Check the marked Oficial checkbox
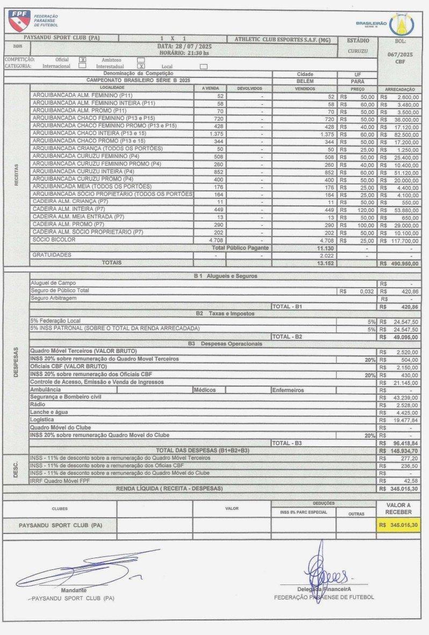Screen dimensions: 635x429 tap(82, 60)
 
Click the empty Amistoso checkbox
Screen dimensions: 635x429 tap(141, 60)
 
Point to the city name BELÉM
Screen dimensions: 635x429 tap(305, 81)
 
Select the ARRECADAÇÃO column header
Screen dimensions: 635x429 tap(399, 87)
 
